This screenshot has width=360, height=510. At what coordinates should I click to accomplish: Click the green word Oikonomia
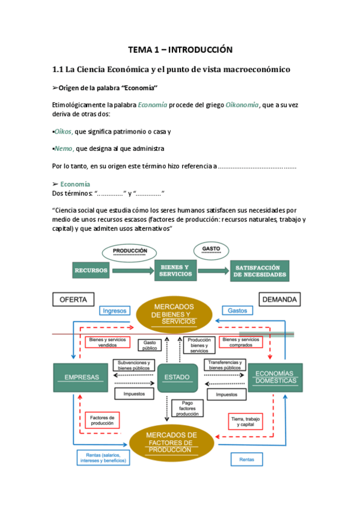(x=242, y=105)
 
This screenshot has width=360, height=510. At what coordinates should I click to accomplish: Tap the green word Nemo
(x=64, y=149)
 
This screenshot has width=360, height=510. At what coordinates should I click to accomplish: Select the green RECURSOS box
(x=91, y=271)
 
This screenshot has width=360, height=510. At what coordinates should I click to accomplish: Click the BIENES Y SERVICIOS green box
(x=175, y=271)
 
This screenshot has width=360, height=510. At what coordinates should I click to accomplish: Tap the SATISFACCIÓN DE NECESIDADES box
(x=259, y=271)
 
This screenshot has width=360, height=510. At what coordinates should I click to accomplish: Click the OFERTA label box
(x=73, y=299)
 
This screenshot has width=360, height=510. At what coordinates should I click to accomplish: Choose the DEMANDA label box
(x=280, y=299)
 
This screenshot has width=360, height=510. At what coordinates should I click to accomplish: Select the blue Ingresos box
(x=114, y=310)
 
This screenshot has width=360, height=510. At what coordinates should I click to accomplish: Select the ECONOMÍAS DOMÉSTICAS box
(x=275, y=377)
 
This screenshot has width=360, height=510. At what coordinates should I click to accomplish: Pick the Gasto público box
(x=149, y=345)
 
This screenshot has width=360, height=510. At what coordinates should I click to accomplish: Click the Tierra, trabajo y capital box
(x=246, y=420)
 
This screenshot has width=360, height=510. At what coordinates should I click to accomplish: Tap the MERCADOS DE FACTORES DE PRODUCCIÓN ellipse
(x=171, y=441)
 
